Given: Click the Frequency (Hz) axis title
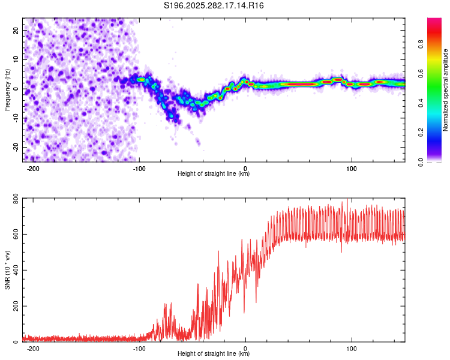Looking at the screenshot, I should click(x=8, y=90).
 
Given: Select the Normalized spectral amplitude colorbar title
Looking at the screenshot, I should click(x=446, y=90).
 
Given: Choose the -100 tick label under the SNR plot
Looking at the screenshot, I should click(x=139, y=348).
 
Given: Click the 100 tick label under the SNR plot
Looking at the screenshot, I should click(x=352, y=348).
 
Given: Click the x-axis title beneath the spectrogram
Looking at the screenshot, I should click(x=214, y=174).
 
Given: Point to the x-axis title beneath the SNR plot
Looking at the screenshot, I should click(x=214, y=355).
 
